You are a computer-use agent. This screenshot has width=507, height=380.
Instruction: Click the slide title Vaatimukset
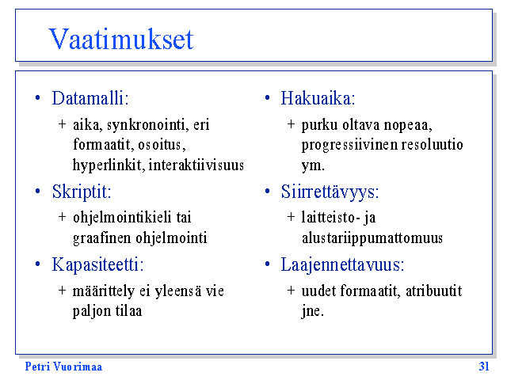click(x=121, y=39)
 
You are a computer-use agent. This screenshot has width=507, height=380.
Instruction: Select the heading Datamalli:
click(x=90, y=98)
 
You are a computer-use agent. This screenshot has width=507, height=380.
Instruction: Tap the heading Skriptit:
click(x=82, y=192)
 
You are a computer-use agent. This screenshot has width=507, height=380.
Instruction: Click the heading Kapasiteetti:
click(x=97, y=265)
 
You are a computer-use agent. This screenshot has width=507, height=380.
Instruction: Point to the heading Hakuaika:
click(x=318, y=98)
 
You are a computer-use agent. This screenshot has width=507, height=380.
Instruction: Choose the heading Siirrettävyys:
click(x=330, y=192)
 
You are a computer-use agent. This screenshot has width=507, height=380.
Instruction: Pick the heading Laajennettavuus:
click(x=342, y=265)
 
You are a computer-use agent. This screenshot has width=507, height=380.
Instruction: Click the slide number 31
click(x=484, y=367)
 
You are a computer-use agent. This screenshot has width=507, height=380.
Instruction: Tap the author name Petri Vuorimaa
click(x=63, y=367)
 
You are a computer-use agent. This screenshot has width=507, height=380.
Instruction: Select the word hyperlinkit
click(x=109, y=165)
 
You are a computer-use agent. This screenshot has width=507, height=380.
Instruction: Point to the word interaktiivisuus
click(x=196, y=165)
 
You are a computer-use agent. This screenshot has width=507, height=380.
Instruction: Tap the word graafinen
click(x=102, y=238)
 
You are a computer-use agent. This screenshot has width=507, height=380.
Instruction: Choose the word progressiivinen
click(x=349, y=145)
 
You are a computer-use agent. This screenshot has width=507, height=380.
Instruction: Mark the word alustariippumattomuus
click(x=372, y=238)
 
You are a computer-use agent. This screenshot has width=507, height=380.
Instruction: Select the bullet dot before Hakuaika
click(x=268, y=97)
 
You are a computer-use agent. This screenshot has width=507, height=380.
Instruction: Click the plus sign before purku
click(x=291, y=124)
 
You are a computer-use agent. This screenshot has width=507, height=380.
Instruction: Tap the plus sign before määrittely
click(x=62, y=291)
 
